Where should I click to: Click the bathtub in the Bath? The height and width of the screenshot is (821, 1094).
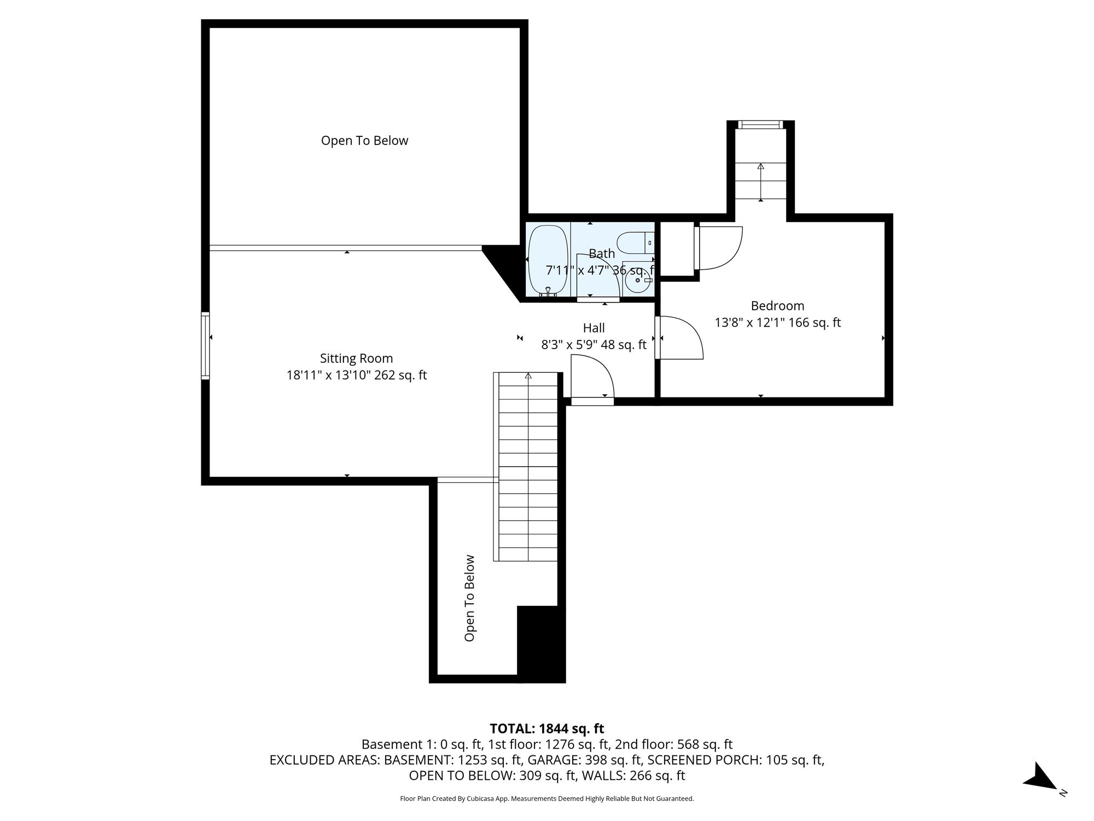point(548,260)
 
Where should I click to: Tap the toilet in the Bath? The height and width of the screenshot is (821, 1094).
point(636,242)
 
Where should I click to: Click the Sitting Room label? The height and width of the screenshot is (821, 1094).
point(357,359)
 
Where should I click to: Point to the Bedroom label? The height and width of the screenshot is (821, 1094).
point(777,306)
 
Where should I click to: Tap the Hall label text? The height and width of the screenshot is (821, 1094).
point(593,328)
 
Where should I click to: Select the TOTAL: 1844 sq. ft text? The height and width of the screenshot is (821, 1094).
point(547,729)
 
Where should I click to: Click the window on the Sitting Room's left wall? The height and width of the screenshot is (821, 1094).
point(206,345)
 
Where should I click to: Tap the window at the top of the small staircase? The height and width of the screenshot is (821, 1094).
point(760,125)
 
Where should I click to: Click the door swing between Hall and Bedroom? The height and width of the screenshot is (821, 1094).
point(680,338)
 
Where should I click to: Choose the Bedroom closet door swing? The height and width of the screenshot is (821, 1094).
point(719,248)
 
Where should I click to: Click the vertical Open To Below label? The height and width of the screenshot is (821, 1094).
point(469,598)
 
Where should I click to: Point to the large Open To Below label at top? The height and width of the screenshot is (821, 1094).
point(364,141)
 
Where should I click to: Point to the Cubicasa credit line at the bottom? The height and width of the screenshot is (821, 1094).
point(547,799)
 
